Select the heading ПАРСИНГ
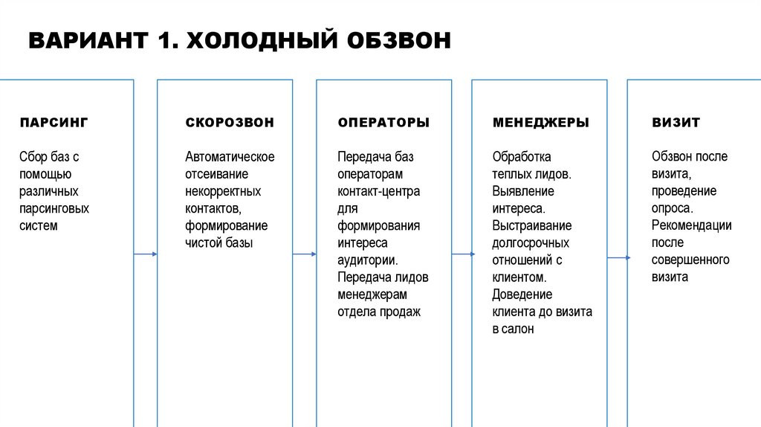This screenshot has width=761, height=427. tap(54, 122)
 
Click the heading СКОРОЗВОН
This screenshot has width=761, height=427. tap(230, 122)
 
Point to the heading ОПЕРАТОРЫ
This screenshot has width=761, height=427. tap(383, 122)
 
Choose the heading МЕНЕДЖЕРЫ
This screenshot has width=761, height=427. tap(541, 122)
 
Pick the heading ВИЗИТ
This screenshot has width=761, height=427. tap(676, 122)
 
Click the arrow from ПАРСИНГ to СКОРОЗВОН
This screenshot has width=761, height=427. tap(146, 254)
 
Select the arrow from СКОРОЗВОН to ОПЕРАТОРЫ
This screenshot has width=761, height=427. tap(304, 254)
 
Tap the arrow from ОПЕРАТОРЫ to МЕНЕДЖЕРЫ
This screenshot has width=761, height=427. tap(462, 254)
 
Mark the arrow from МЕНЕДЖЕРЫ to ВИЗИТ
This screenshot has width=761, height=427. tap(618, 257)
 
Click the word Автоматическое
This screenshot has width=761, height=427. tap(230, 157)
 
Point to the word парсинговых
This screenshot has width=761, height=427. tap(54, 208)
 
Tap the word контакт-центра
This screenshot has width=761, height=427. tap(378, 191)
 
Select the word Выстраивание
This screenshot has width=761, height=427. tap(531, 225)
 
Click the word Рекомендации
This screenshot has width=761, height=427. tap(691, 225)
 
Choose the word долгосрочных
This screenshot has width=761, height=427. tap(530, 243)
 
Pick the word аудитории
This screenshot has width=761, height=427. tap(367, 260)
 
